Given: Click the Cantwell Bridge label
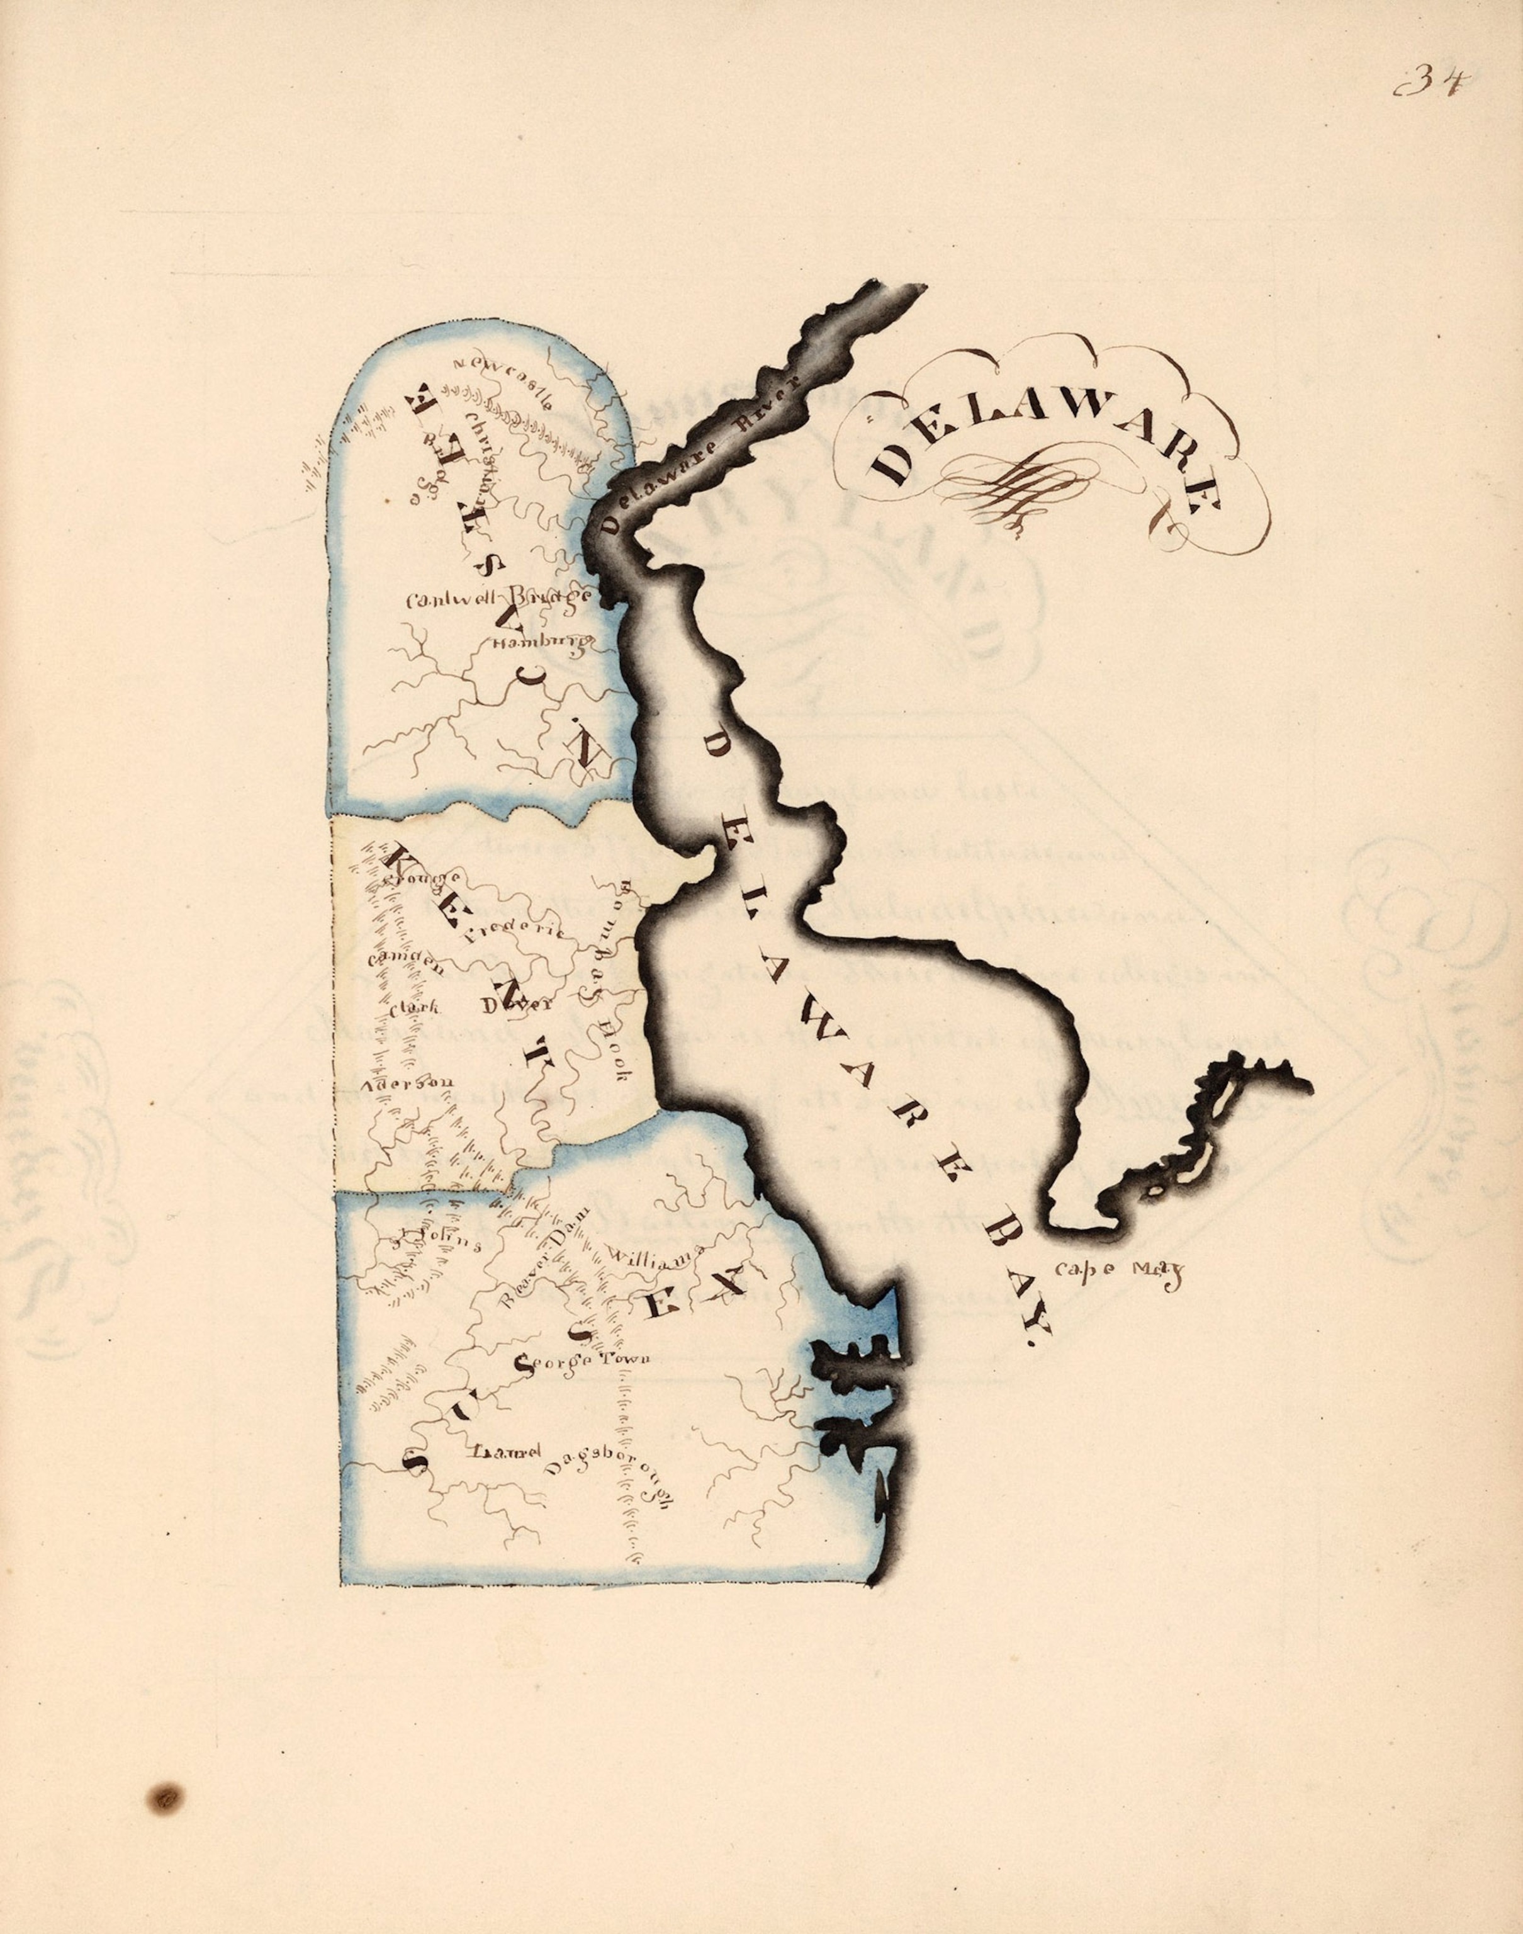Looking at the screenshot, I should pyautogui.click(x=496, y=597).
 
